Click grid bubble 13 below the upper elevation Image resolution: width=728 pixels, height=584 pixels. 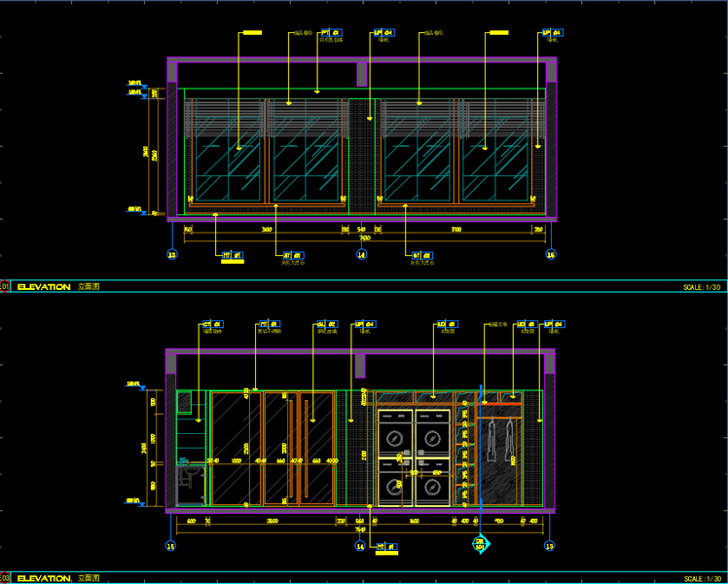coord(172,256)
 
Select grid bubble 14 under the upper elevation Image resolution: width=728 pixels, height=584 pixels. coord(362,256)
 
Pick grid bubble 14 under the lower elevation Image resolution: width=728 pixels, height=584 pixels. coord(359,546)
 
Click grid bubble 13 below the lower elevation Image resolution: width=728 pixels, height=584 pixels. coord(550,546)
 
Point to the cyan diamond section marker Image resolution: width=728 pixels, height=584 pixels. coord(480,545)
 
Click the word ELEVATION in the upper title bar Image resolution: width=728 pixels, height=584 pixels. coord(44,287)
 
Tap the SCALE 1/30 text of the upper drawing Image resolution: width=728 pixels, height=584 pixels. coord(702,287)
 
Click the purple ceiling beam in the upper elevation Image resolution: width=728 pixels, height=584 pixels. coord(362,72)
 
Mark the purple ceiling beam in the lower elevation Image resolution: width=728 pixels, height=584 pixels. coord(359,366)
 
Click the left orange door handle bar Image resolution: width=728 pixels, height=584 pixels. coord(289,448)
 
